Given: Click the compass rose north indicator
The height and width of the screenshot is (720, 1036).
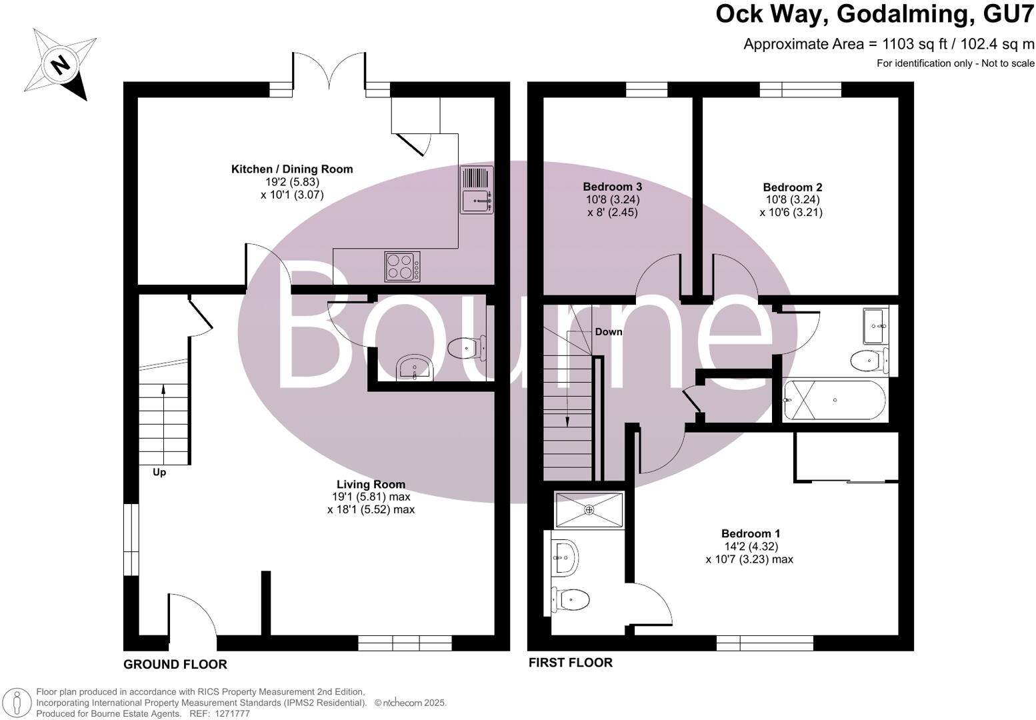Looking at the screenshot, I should pyautogui.click(x=60, y=65).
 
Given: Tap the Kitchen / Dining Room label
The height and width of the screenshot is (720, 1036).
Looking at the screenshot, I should pyautogui.click(x=291, y=169).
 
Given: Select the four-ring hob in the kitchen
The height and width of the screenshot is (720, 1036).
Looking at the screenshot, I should pyautogui.click(x=403, y=266).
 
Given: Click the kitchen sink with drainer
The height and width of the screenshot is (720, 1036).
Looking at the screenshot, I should pyautogui.click(x=477, y=190).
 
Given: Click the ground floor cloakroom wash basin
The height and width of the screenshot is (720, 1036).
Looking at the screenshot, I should pyautogui.click(x=414, y=368).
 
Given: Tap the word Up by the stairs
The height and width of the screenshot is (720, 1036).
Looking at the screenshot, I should pyautogui.click(x=159, y=472).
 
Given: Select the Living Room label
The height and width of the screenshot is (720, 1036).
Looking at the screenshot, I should pyautogui.click(x=371, y=485).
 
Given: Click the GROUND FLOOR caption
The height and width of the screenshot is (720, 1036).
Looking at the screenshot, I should pyautogui.click(x=175, y=664).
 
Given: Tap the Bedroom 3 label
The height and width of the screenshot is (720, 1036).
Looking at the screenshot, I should pyautogui.click(x=612, y=187).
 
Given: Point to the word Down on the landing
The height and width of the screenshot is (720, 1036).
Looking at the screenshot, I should pyautogui.click(x=608, y=331).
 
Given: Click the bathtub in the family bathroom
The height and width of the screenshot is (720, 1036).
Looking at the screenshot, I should pyautogui.click(x=835, y=400).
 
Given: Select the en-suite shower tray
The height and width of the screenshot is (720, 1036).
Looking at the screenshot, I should pyautogui.click(x=589, y=510).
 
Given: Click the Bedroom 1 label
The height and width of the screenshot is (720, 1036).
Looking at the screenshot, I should pyautogui.click(x=750, y=533).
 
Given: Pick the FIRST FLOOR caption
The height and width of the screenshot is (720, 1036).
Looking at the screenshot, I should pyautogui.click(x=570, y=663).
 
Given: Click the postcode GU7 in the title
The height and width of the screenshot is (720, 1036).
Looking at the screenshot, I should pyautogui.click(x=1007, y=15).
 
